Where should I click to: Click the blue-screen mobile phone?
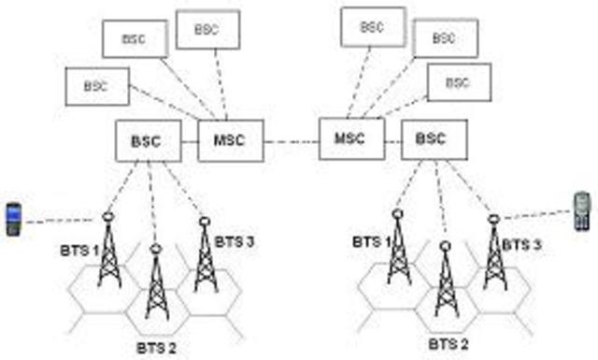[14, 218]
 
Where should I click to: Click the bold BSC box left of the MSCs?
[148, 142]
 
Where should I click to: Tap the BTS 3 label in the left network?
[235, 242]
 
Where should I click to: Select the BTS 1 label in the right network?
[373, 242]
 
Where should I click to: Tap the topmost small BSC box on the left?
[206, 29]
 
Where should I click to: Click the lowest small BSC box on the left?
[95, 86]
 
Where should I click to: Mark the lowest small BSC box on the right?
[455, 82]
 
